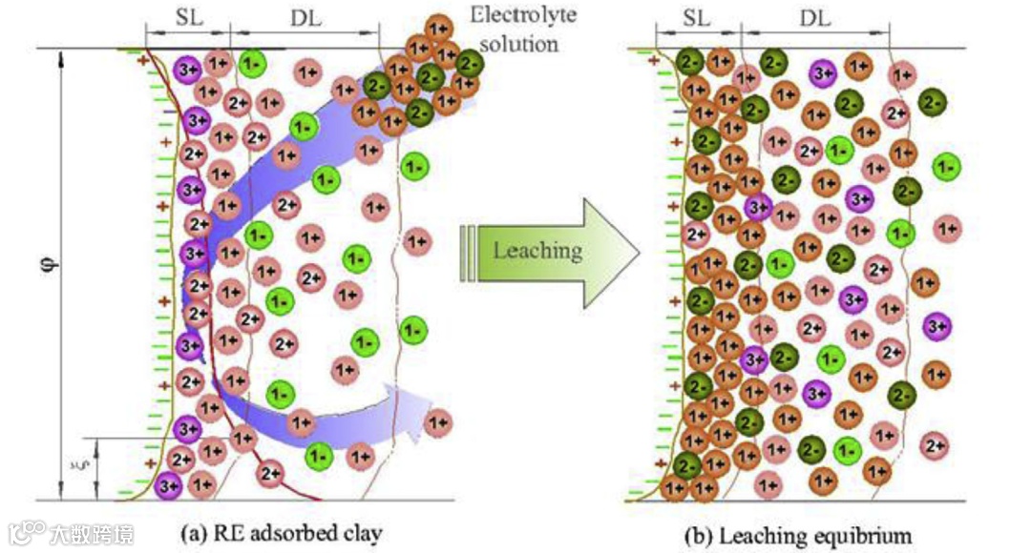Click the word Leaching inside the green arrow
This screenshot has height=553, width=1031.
click(537, 251)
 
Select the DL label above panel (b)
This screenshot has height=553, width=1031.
click(814, 18)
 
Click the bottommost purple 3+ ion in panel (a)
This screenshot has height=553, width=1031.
click(169, 484)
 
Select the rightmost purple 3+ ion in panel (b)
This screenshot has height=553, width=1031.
click(936, 326)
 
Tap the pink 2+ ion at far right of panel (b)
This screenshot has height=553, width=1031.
click(935, 443)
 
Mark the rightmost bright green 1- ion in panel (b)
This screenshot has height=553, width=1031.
click(947, 166)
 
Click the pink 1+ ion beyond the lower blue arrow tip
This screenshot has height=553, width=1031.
click(437, 420)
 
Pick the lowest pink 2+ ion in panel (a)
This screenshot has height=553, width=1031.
click(269, 471)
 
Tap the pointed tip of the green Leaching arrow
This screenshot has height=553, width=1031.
click(637, 252)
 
